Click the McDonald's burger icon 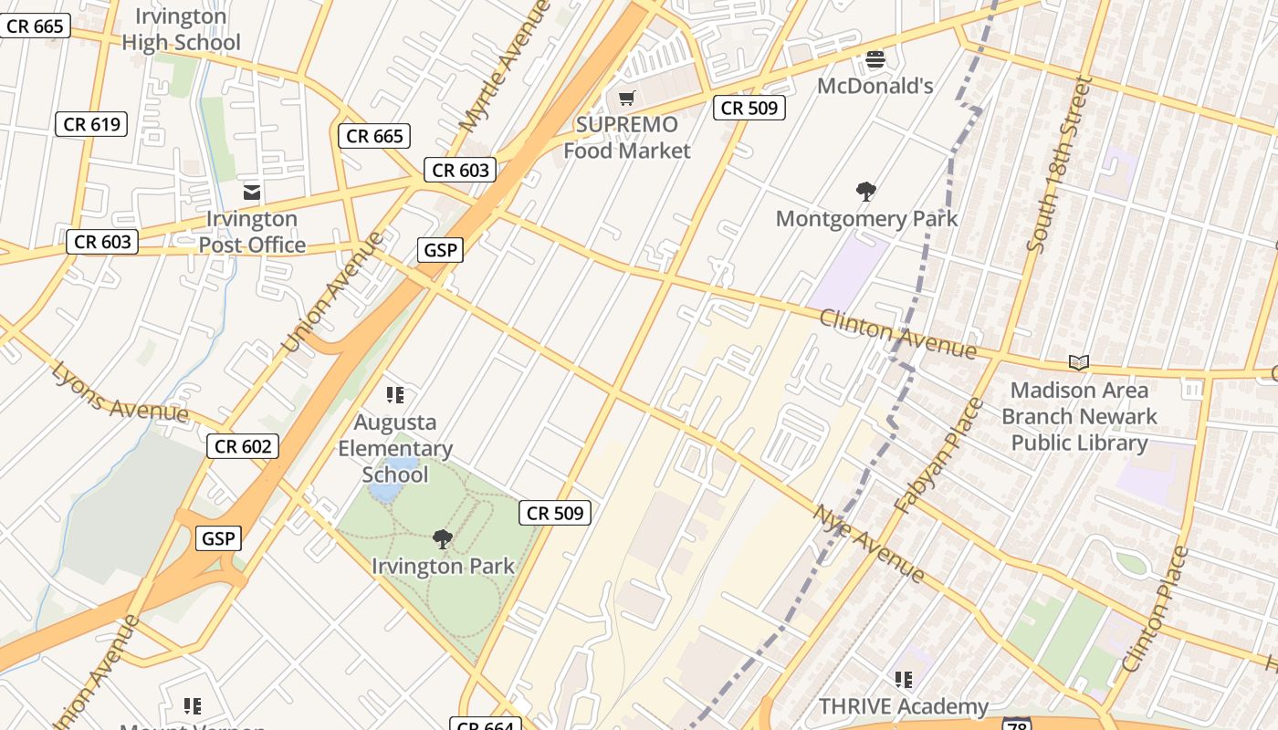(875, 60)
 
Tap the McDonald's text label (875, 86)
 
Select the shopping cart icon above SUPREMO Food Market (626, 98)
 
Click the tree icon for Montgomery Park (866, 192)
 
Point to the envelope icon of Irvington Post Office (252, 193)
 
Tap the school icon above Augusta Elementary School (395, 395)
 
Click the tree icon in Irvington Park (443, 539)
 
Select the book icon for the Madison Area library (1079, 363)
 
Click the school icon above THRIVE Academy (904, 680)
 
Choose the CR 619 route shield (92, 124)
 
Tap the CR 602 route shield (242, 446)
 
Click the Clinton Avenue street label (897, 334)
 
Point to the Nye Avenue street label (869, 544)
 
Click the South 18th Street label (1059, 165)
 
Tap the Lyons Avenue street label (119, 392)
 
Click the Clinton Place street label (1156, 609)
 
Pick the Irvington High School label (181, 29)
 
